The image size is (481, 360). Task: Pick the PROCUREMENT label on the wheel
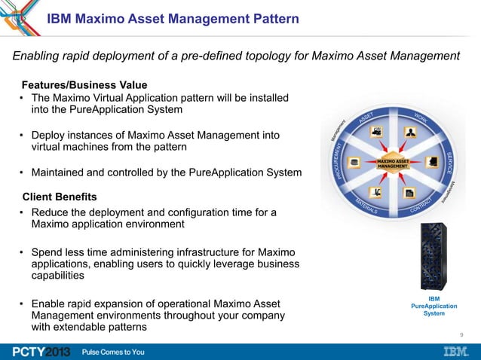(x=339, y=160)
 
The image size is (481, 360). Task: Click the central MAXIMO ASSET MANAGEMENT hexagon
(x=393, y=163)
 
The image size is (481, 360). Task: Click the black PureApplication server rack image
(x=433, y=257)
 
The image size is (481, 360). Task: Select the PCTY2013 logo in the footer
(x=40, y=352)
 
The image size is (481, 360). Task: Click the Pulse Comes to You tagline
(x=113, y=352)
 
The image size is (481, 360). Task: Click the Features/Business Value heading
(x=84, y=84)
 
